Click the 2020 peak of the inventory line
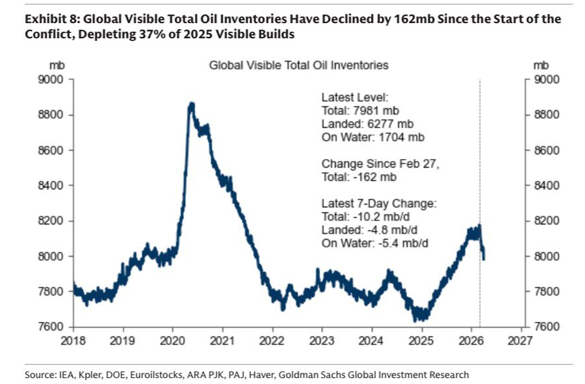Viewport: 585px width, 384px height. pyautogui.click(x=191, y=105)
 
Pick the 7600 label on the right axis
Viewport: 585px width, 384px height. pyautogui.click(x=545, y=327)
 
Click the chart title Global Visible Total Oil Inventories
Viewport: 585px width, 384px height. pyautogui.click(x=298, y=65)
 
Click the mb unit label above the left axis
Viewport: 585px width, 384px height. pyautogui.click(x=56, y=65)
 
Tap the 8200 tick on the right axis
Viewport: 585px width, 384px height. pyautogui.click(x=545, y=220)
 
